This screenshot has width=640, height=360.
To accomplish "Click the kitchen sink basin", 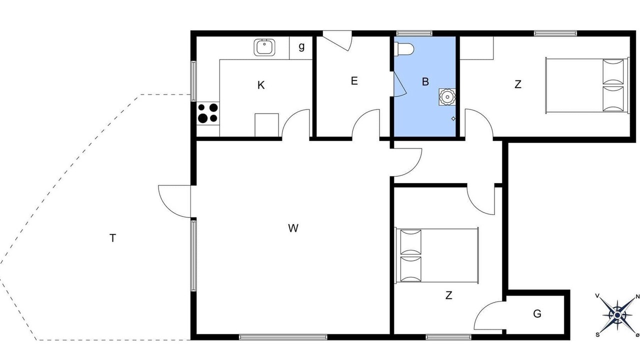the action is click(x=264, y=47).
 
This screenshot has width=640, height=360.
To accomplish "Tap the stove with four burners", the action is click(x=208, y=113).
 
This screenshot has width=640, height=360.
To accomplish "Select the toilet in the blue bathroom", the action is click(x=403, y=49).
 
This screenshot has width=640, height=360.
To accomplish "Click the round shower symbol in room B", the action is click(x=447, y=97).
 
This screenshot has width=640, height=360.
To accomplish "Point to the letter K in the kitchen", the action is click(x=261, y=85).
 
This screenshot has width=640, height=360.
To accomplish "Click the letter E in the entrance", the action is click(x=354, y=81).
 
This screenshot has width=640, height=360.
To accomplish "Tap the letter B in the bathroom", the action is click(x=425, y=81).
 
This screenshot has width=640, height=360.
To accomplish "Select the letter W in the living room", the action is click(x=293, y=228).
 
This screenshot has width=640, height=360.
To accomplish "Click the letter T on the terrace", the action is click(x=113, y=238).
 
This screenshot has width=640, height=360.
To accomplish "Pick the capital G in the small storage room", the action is click(x=537, y=313).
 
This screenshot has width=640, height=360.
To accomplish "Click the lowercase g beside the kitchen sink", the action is click(x=301, y=46).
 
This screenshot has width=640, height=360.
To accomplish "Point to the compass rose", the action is click(x=617, y=315).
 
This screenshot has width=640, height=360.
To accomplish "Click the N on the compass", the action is click(x=637, y=297).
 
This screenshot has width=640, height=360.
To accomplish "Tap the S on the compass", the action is click(x=597, y=334).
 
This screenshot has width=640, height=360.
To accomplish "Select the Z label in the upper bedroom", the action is click(x=517, y=84).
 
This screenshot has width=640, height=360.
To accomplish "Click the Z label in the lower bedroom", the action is click(x=448, y=295).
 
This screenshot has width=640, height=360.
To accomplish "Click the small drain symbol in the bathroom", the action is click(x=453, y=118).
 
